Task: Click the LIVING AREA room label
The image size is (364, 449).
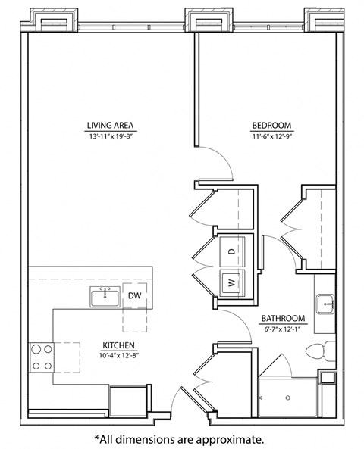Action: tap(110, 125)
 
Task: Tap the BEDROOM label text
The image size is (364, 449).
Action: tap(271, 125)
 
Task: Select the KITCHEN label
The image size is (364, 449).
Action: tap(119, 345)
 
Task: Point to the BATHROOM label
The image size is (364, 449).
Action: tap(284, 319)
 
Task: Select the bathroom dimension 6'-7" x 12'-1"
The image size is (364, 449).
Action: tap(284, 329)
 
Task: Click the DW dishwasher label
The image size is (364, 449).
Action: tap(134, 295)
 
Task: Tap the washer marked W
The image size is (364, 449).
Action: tap(231, 284)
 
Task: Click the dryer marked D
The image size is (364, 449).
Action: tap(232, 250)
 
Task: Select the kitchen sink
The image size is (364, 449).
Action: tap(105, 297)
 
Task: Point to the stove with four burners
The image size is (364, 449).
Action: tap(42, 357)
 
